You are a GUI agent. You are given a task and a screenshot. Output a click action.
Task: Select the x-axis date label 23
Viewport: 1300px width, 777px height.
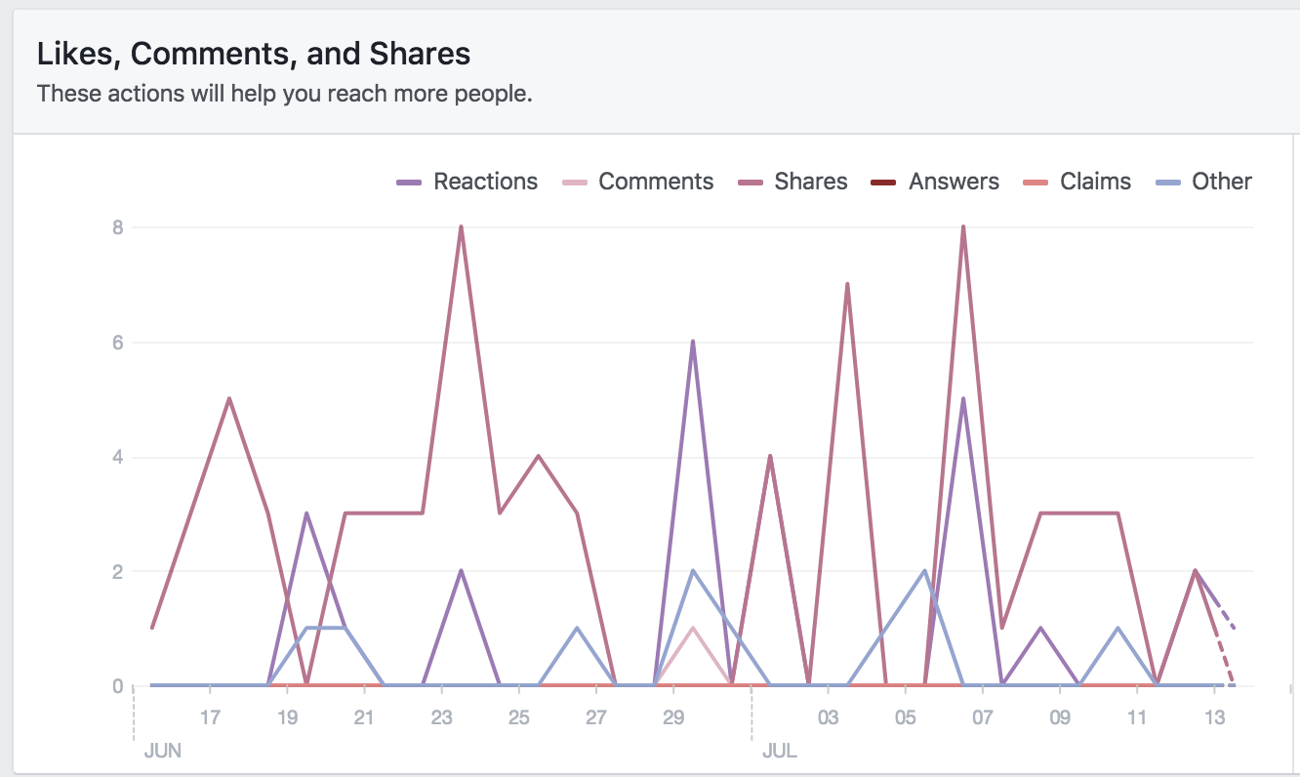441,718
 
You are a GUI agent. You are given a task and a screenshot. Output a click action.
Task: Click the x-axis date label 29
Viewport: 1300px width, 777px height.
673,718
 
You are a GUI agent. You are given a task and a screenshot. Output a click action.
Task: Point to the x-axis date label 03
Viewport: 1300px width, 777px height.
828,718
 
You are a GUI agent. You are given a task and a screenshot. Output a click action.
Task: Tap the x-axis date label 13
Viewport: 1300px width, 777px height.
1214,718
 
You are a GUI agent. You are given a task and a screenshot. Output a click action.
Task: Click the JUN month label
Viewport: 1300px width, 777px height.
163,752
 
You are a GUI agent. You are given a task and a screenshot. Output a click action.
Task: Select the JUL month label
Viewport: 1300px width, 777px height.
779,752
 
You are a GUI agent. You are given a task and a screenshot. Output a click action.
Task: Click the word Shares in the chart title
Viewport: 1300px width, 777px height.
424,54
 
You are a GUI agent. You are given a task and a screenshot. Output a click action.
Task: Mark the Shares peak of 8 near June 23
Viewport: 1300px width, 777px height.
461,227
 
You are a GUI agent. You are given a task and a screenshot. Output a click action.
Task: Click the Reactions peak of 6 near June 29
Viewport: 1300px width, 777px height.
693,342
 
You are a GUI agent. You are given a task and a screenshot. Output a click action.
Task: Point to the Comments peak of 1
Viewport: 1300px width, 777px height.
693,628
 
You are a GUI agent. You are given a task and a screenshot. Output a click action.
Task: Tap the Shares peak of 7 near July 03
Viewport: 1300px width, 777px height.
847,284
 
